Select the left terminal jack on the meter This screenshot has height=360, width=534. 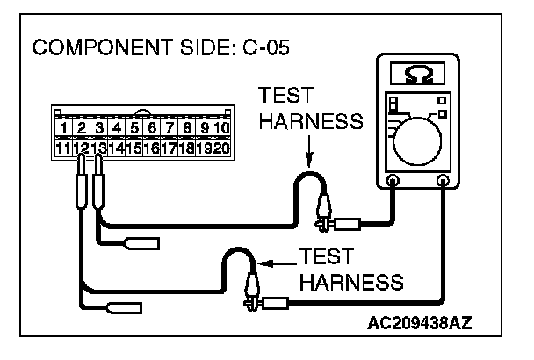click(393, 181)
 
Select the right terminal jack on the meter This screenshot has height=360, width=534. click(444, 181)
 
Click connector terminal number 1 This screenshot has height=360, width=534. click(63, 129)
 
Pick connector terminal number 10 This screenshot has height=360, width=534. click(221, 129)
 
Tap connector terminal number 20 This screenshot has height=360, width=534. click(221, 148)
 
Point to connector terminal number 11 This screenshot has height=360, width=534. click(63, 148)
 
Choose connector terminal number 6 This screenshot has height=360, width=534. click(151, 129)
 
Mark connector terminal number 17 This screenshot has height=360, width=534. click(169, 148)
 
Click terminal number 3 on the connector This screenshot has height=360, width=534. click(98, 129)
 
